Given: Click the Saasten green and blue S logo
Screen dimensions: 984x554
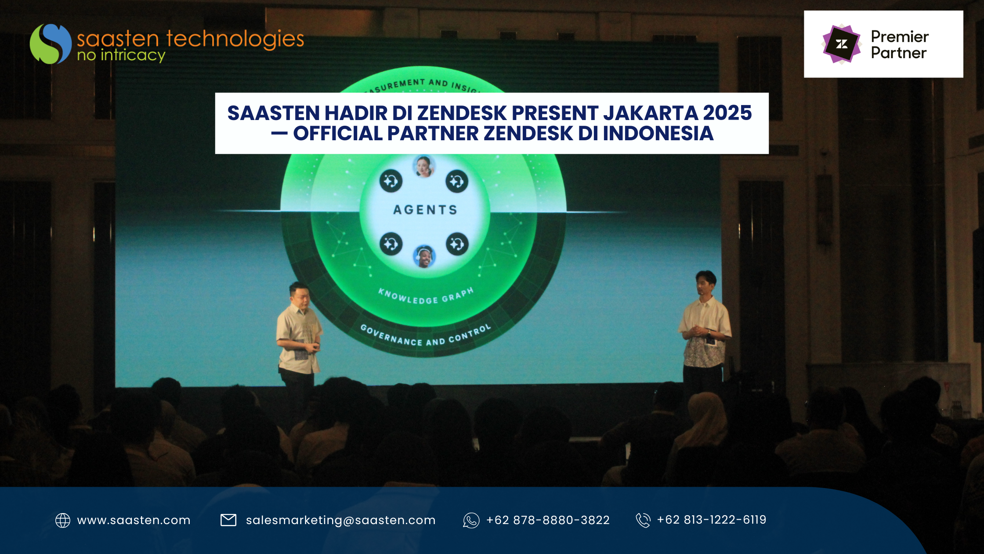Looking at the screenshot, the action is click(x=51, y=44).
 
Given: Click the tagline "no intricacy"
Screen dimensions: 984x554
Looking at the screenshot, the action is click(x=121, y=55).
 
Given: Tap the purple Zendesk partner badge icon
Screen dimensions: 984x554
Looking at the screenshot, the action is click(x=841, y=44).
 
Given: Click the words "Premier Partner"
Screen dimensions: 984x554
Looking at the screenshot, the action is click(x=900, y=44).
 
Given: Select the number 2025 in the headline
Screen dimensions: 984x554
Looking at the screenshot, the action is click(x=727, y=113).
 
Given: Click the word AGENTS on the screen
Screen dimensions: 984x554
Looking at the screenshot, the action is click(x=425, y=210).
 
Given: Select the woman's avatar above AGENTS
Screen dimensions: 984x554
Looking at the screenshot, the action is click(x=424, y=167).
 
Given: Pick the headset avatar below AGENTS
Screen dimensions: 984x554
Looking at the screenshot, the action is click(x=424, y=256).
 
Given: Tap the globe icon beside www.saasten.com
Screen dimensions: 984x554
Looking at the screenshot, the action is click(x=63, y=520).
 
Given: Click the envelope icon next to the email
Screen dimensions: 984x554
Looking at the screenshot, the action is click(x=228, y=520).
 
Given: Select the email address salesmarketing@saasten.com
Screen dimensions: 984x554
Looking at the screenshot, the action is click(x=341, y=520).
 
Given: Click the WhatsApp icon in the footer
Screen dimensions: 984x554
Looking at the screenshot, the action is click(x=471, y=520).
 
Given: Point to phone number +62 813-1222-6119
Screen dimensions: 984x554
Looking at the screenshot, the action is click(x=712, y=520).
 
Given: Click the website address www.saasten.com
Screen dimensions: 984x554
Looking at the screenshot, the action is click(x=134, y=520).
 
